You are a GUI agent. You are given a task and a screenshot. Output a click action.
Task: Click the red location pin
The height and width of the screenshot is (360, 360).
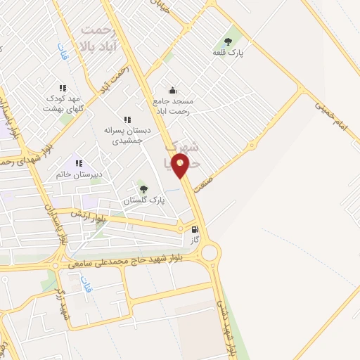(181, 166)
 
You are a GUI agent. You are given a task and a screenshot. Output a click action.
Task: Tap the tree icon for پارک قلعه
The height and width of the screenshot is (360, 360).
(227, 41)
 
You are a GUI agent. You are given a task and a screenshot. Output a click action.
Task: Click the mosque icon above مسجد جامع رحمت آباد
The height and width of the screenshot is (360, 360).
(172, 90)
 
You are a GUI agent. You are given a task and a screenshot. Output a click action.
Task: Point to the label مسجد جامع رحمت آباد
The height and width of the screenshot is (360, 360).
(172, 105)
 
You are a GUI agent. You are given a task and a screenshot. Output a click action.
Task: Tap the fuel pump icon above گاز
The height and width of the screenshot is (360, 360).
(195, 229)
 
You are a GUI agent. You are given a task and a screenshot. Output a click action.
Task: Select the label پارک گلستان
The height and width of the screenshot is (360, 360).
(143, 200)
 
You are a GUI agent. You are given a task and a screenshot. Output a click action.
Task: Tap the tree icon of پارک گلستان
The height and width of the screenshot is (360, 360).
(143, 188)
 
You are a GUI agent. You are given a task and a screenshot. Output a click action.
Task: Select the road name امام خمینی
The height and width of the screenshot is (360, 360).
(330, 114)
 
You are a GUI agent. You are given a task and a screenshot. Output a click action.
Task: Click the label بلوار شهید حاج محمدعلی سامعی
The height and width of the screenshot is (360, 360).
(127, 262)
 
